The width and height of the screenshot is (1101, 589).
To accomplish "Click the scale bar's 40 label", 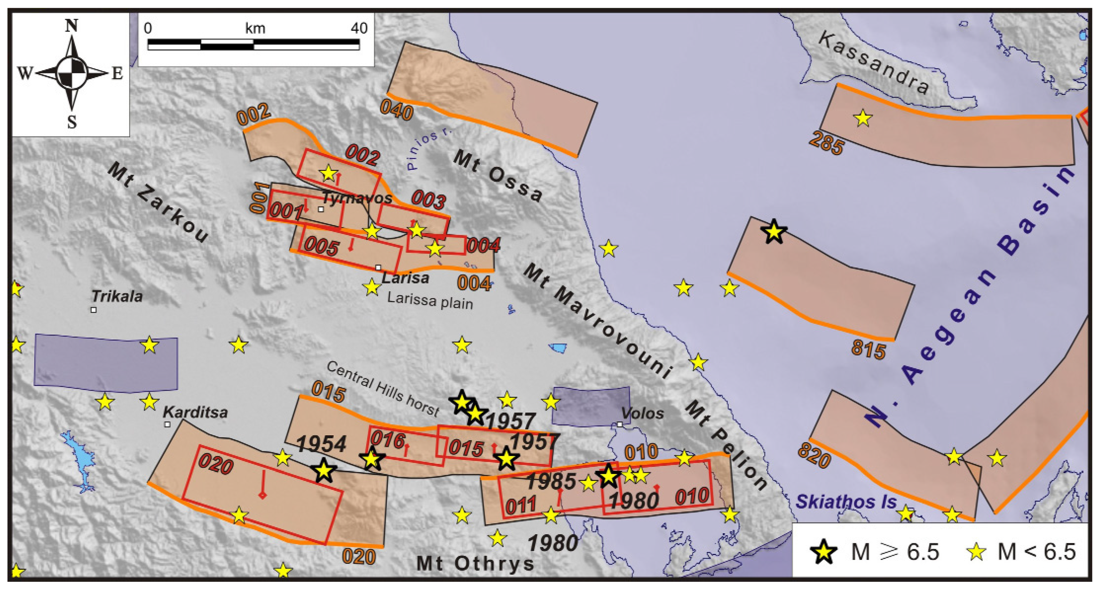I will tap(359, 28).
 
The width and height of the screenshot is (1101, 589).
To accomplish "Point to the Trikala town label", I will tap(117, 296).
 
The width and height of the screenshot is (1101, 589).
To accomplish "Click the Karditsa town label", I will tap(195, 413).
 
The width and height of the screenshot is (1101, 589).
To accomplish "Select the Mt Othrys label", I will tap(475, 563).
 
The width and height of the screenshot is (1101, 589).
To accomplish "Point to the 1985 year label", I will tap(551, 482).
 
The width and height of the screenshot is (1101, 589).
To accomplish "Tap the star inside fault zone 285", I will tap(863, 118).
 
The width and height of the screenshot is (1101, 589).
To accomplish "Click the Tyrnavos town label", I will tap(357, 198).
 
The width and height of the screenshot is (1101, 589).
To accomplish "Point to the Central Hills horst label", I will tap(383, 388).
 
